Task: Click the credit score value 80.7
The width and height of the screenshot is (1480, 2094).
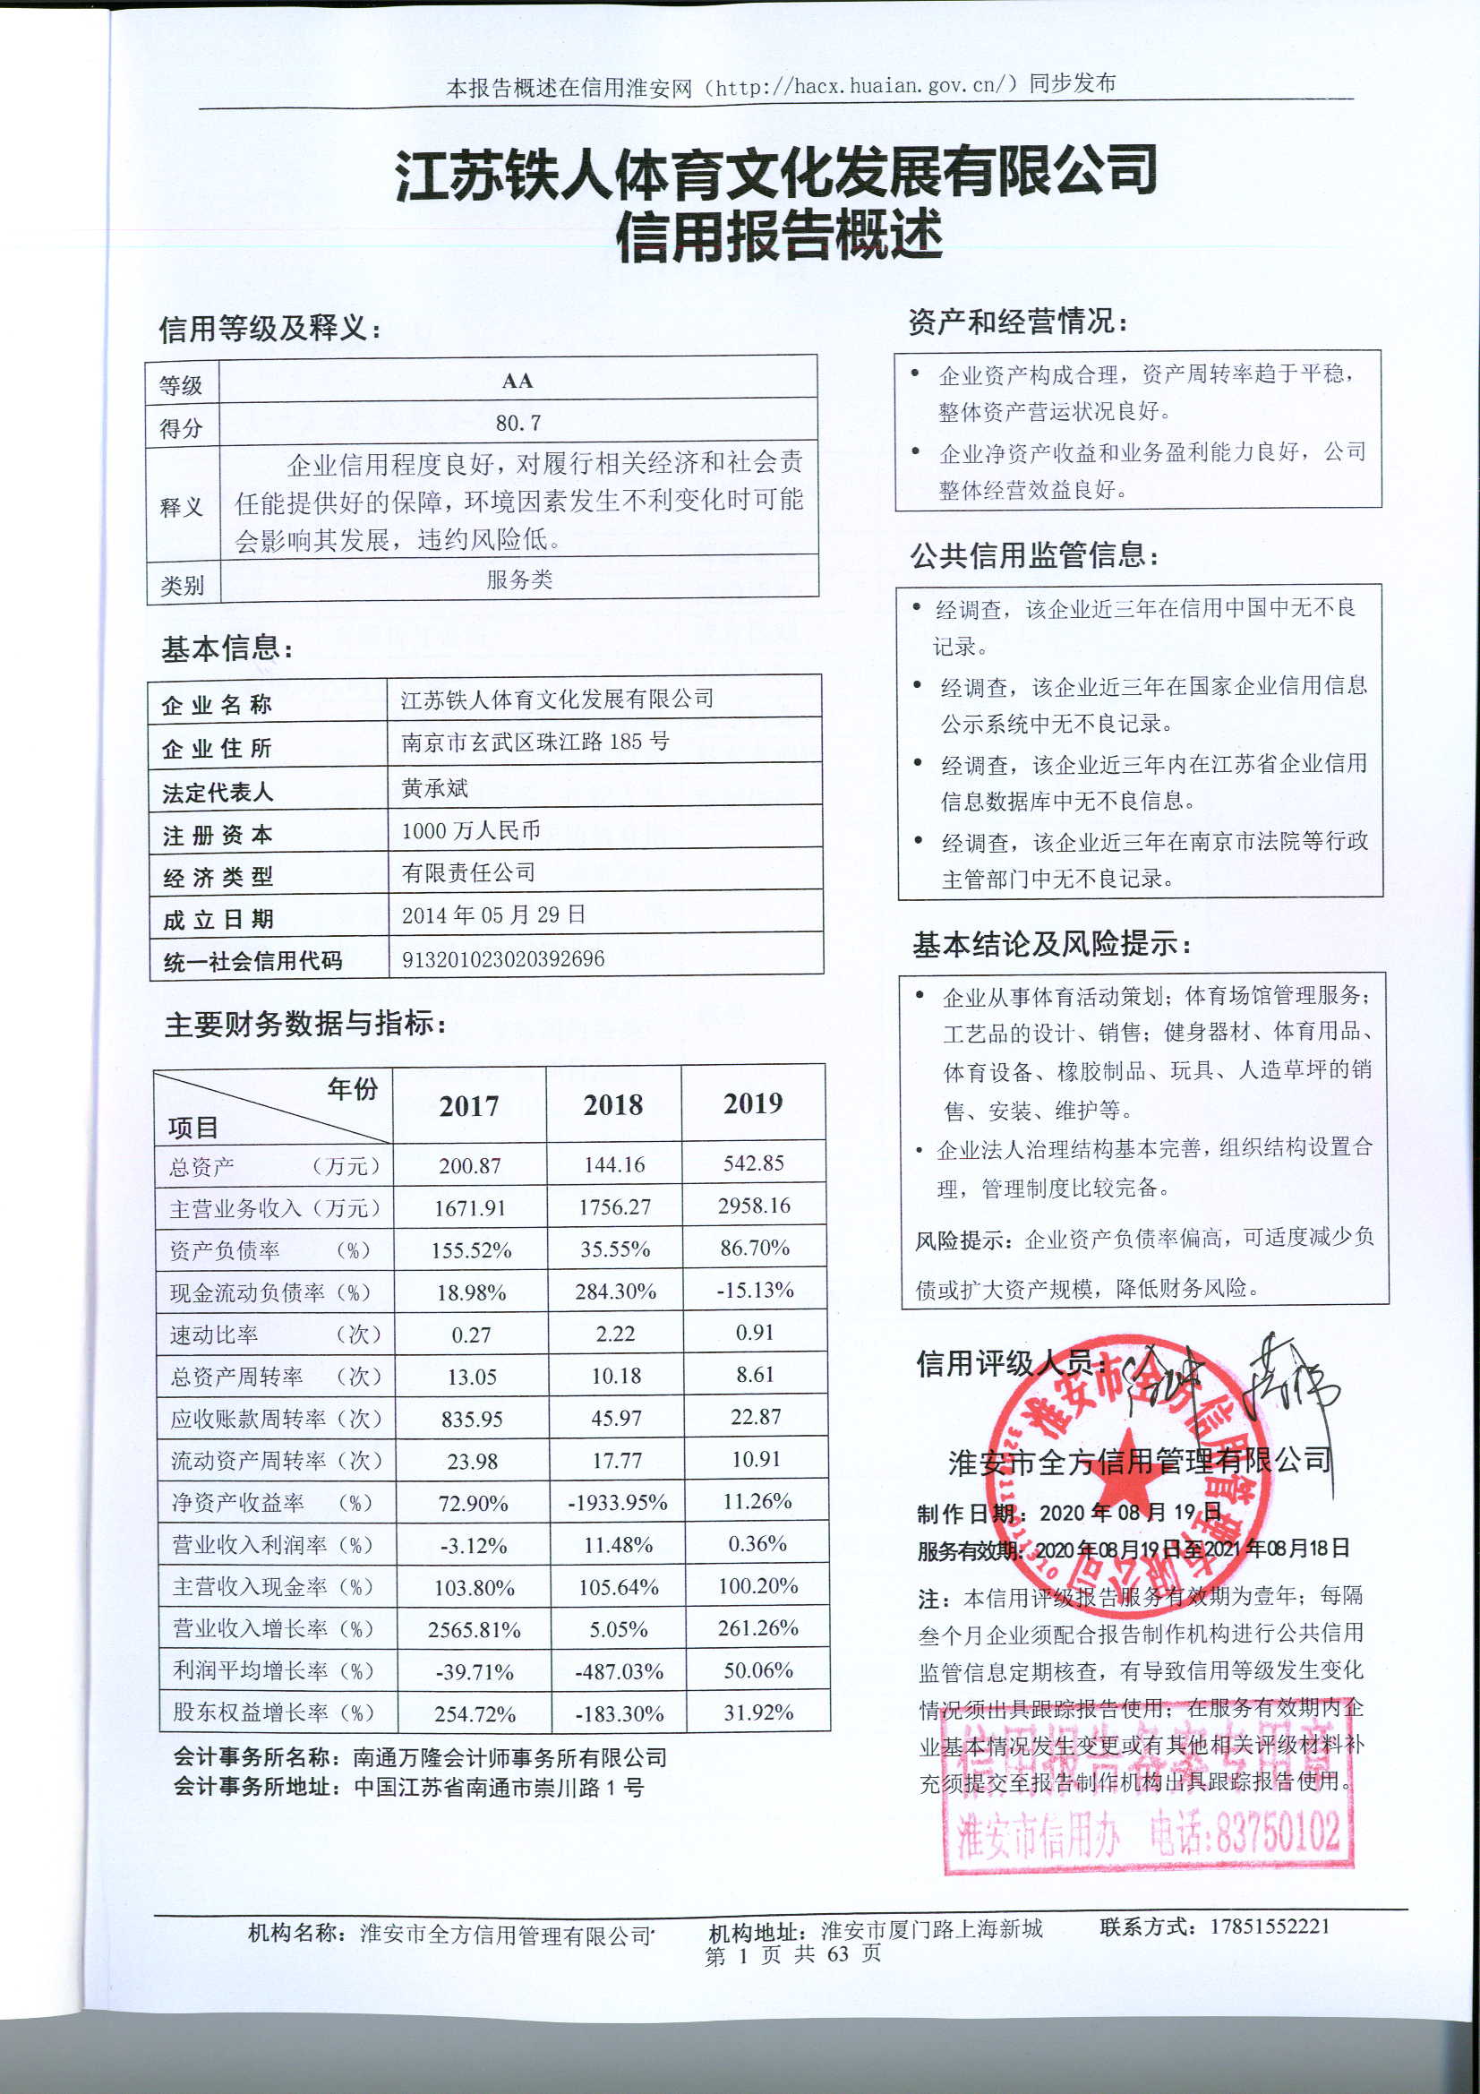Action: point(518,423)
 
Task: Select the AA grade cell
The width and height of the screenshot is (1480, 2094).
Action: point(517,381)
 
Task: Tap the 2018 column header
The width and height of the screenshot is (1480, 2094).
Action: point(612,1105)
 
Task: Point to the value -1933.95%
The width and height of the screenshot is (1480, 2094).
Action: point(618,1502)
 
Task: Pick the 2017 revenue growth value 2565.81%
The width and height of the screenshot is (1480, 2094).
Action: point(475,1630)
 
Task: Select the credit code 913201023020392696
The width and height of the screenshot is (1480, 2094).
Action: point(502,958)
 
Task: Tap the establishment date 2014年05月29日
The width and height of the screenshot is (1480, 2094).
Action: point(493,914)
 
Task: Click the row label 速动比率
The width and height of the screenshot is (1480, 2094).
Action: point(214,1335)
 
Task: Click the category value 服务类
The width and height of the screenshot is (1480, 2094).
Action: point(519,579)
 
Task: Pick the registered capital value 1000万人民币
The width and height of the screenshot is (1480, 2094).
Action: point(471,830)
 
